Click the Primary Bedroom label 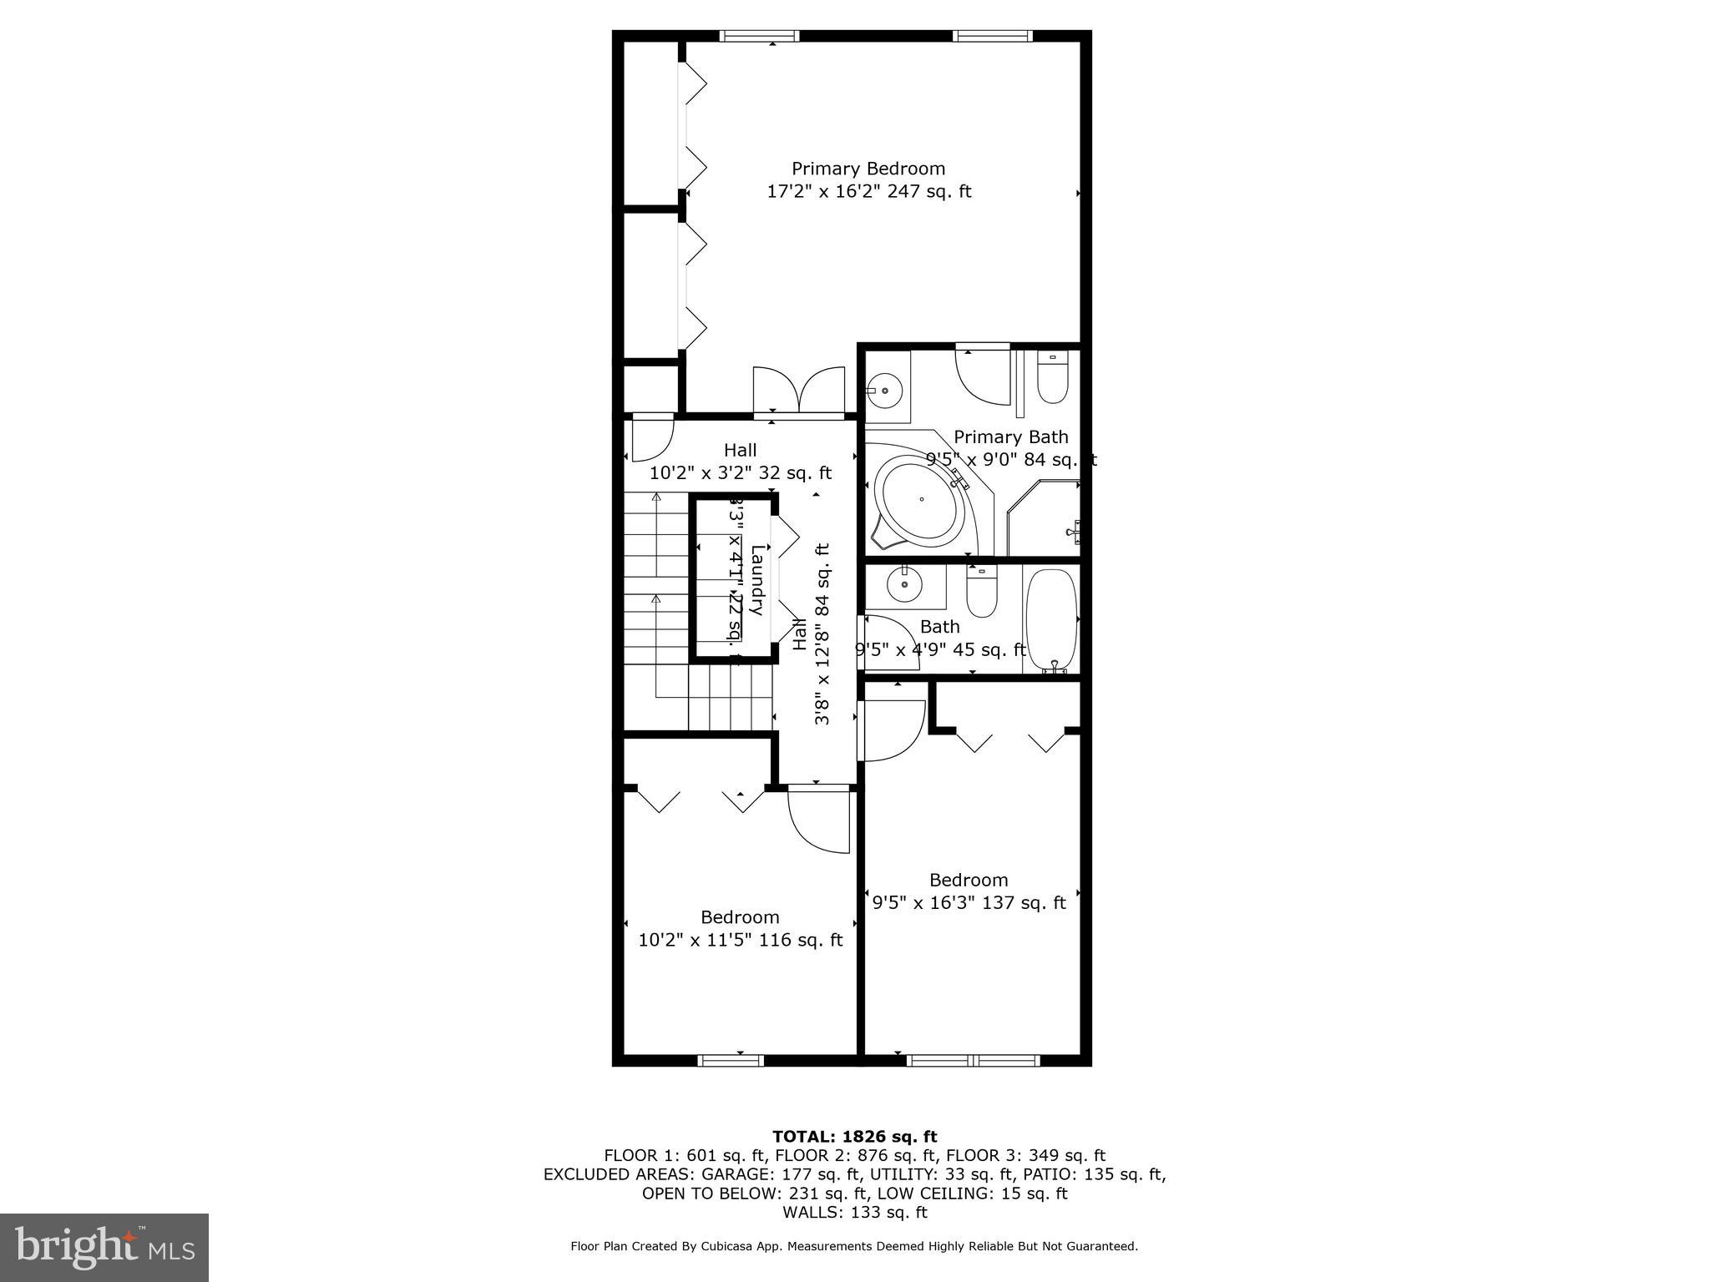(x=868, y=169)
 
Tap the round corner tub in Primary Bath (x=921, y=500)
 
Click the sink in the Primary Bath (x=884, y=389)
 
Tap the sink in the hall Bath (x=903, y=584)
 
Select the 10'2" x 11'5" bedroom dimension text (x=740, y=940)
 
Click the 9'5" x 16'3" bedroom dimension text (x=969, y=902)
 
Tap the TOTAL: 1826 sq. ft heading (x=854, y=1136)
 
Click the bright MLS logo (x=104, y=1247)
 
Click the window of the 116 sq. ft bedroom (x=731, y=1061)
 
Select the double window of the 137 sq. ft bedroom (x=973, y=1061)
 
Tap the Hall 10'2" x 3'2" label (x=740, y=462)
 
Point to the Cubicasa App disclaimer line (x=854, y=1246)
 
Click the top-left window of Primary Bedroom (x=759, y=36)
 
